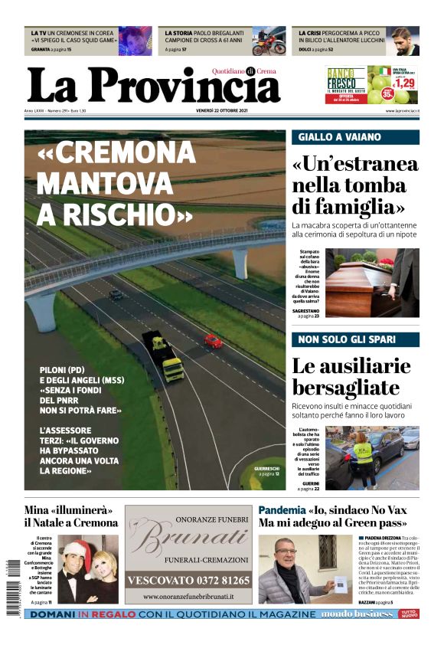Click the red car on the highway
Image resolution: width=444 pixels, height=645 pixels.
click(213, 341)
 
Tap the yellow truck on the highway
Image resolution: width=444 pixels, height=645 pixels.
click(164, 356)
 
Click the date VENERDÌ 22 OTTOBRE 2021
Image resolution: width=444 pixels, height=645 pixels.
click(222, 111)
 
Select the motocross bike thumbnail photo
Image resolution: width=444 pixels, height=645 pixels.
click(269, 41)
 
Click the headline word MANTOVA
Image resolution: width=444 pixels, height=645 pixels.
click(104, 183)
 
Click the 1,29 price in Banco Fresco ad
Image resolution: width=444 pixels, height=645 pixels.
click(403, 83)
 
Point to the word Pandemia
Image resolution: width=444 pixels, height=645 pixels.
click(282, 509)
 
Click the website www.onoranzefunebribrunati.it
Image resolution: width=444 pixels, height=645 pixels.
click(188, 596)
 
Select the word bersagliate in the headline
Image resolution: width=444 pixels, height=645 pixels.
click(345, 387)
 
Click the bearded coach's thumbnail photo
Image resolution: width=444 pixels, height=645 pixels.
click(403, 41)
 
